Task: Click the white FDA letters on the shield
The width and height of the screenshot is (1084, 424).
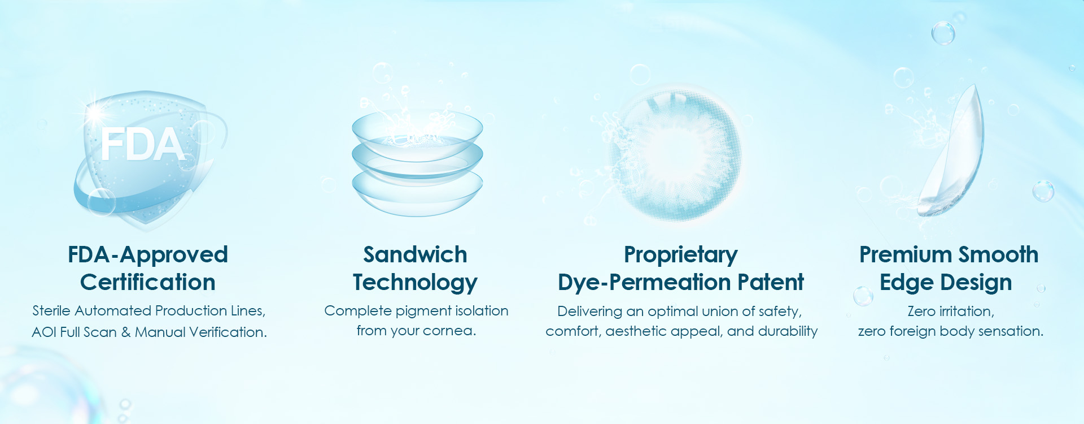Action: (142, 144)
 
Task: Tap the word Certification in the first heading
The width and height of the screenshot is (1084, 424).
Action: (148, 282)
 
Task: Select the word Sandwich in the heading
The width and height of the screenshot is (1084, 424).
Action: (415, 254)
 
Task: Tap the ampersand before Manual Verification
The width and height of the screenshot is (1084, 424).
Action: (126, 332)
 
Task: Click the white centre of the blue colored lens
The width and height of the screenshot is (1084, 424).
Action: (672, 153)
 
